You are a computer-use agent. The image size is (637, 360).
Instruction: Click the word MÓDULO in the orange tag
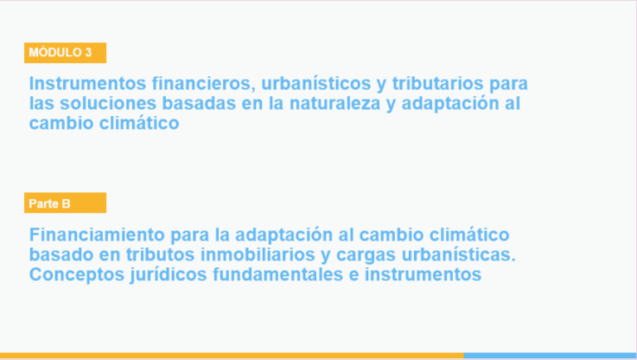point(55,52)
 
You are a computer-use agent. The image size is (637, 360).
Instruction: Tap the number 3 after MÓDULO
point(88,52)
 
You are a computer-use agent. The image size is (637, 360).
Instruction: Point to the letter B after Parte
point(66,203)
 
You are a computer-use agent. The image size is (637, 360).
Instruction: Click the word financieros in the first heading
point(204,83)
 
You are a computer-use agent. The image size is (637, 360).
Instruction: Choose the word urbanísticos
point(316,83)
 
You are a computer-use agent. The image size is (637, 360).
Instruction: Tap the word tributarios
point(438,83)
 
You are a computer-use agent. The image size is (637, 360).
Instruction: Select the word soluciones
point(108,103)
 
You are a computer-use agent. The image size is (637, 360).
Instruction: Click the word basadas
point(199,103)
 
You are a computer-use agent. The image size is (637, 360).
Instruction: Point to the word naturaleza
point(335,103)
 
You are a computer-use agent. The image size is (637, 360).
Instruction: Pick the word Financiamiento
point(97,235)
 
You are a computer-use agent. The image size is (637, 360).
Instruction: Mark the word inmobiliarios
point(258,255)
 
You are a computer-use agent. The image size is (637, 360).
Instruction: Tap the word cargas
point(366,255)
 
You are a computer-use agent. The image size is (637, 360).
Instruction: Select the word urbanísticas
point(459,255)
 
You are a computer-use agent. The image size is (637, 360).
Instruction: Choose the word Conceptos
point(77,275)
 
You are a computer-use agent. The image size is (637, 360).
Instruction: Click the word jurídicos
point(169,275)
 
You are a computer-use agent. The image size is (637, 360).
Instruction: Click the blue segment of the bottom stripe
point(550,356)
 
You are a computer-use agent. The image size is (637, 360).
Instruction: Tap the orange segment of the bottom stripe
point(231,356)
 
